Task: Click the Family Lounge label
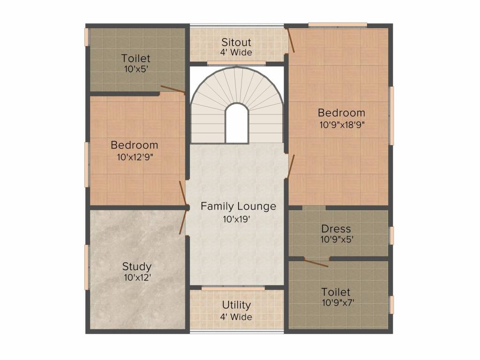click(238, 207)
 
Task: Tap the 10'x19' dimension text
click(237, 219)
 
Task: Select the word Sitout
click(236, 42)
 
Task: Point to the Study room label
click(136, 267)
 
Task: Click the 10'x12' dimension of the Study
click(137, 277)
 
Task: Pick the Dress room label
click(336, 229)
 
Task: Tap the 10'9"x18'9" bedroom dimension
click(342, 125)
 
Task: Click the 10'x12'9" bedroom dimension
click(135, 157)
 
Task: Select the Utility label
click(236, 305)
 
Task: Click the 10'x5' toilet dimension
click(136, 69)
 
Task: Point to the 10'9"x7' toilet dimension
click(338, 303)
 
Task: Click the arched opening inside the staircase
click(236, 123)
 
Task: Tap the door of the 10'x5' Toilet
click(173, 89)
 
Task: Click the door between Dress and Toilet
click(316, 262)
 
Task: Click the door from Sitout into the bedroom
click(291, 40)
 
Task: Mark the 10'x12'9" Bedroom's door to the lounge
click(183, 193)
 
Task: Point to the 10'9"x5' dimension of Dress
click(337, 239)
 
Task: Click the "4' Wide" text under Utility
click(236, 317)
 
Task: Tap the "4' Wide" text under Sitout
click(236, 52)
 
